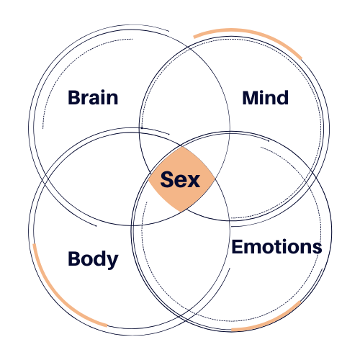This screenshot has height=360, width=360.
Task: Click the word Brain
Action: pos(93,97)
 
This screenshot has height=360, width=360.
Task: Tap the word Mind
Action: pos(265,97)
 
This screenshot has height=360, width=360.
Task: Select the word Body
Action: pos(93,259)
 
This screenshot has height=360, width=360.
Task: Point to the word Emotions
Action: pos(276,247)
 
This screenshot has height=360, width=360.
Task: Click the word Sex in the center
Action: pos(180,179)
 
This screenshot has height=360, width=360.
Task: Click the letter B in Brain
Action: pos(74,97)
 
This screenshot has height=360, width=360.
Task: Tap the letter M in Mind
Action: pos(251,97)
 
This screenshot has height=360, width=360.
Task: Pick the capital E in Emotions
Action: pos(237,247)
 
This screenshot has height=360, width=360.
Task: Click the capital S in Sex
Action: pos(167,179)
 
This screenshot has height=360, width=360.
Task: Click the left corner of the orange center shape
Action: pos(150,178)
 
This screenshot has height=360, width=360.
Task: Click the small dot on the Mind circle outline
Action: pos(142,128)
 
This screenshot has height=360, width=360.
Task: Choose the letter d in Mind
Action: pos(282,97)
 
